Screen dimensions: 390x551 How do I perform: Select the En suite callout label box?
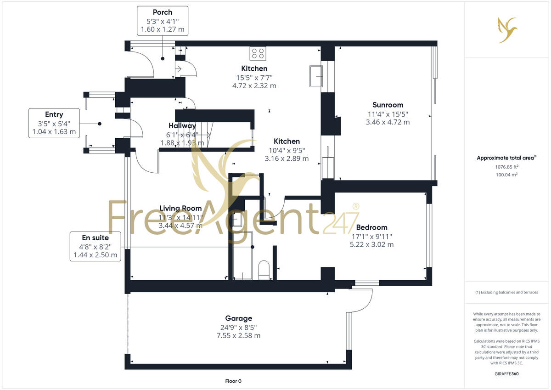[x=95, y=246]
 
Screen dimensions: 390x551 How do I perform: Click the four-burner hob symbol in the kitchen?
[x=258, y=53]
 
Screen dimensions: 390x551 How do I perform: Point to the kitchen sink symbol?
[x=316, y=76]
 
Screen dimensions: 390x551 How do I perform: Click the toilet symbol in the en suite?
[x=264, y=270]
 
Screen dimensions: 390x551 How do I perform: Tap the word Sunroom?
[x=388, y=105]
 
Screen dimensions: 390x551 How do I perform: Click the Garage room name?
[x=238, y=318]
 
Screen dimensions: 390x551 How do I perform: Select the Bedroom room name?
[x=371, y=227]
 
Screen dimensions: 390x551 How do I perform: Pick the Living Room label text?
[x=180, y=209]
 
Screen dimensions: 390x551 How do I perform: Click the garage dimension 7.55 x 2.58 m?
[x=238, y=336]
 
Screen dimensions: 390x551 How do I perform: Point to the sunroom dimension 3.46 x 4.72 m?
[x=388, y=122]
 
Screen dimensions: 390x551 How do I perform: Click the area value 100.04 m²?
[x=507, y=175]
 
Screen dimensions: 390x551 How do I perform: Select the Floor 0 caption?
[x=233, y=381]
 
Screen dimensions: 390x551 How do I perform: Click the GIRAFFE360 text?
[x=507, y=374]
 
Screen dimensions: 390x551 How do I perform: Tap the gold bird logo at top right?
[x=507, y=29]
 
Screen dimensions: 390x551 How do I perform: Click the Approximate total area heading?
[x=506, y=158]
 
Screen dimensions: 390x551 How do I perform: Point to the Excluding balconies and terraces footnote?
[x=507, y=292]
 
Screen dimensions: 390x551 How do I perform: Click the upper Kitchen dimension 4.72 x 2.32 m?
[x=254, y=85]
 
